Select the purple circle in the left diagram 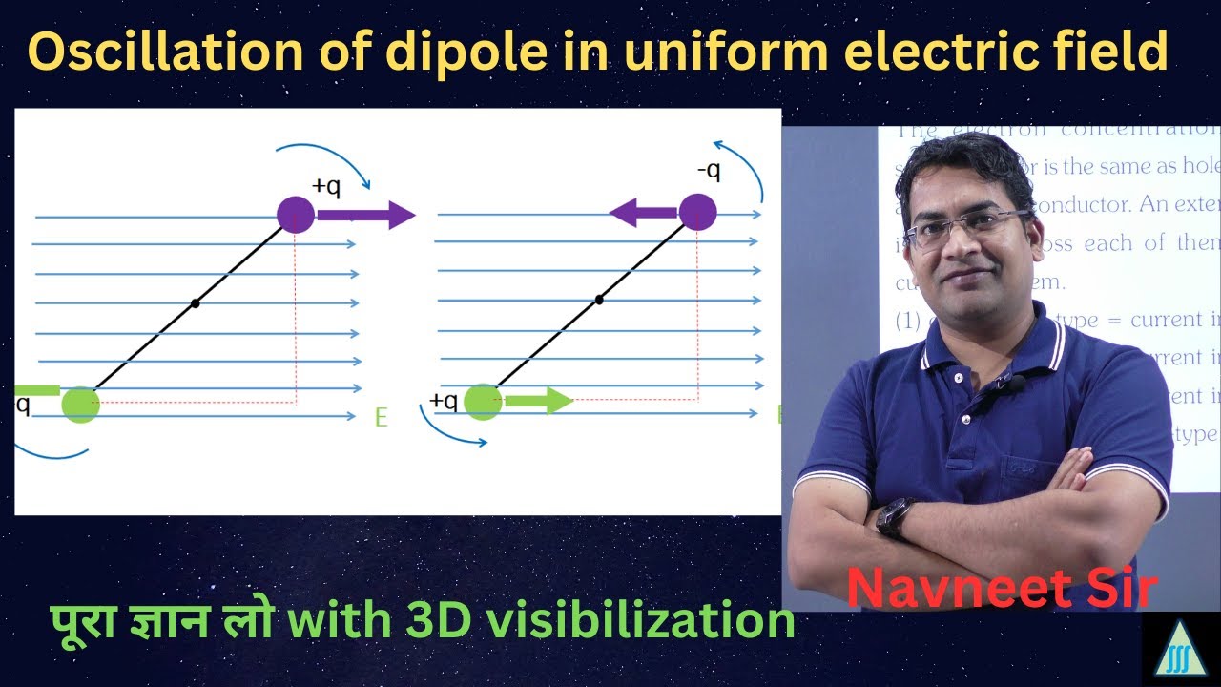point(296,215)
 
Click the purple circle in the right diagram point(698,212)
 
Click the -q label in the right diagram point(709,172)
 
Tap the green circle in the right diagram point(484,402)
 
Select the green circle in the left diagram point(81,405)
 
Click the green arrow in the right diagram point(538,401)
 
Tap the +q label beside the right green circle point(444,401)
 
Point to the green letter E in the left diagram point(382,418)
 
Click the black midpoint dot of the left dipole point(196,303)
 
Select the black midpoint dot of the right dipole point(599,300)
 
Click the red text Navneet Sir point(1002,588)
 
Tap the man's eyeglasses point(965,228)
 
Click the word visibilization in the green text point(650,621)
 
